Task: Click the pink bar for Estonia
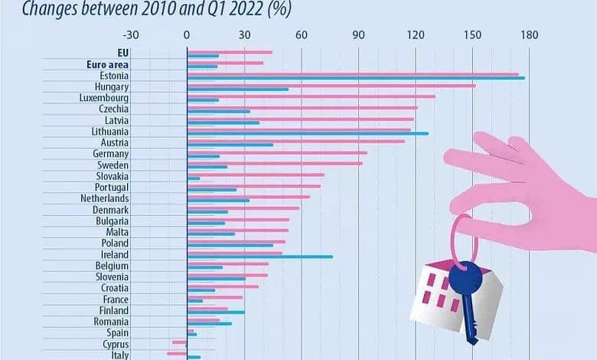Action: click(352, 74)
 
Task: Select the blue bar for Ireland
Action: click(260, 257)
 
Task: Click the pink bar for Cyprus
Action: click(180, 342)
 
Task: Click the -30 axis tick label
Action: click(131, 35)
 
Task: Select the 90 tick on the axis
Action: click(359, 35)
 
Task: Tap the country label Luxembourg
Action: click(104, 98)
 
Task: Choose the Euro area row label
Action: click(106, 65)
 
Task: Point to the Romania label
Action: click(112, 322)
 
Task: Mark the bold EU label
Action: click(122, 54)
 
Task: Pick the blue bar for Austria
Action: click(230, 144)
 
